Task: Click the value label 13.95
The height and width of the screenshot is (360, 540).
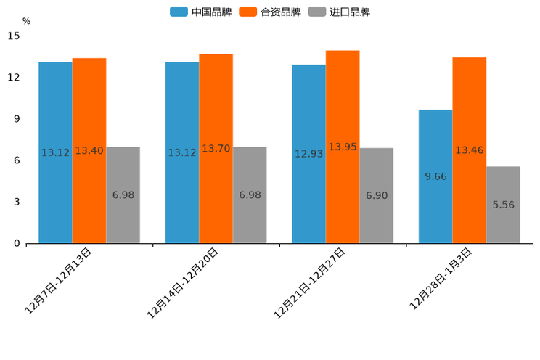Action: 343,147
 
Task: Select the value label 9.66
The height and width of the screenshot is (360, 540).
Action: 435,176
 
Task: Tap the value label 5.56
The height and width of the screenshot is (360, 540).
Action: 503,205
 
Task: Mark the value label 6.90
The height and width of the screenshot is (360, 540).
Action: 376,196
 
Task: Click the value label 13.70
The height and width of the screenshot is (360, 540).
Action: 216,149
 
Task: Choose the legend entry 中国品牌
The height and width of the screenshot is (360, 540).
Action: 201,12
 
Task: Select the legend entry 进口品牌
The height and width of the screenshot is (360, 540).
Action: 340,12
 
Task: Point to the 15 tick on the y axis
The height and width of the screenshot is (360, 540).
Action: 15,36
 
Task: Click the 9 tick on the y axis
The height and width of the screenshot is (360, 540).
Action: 17,119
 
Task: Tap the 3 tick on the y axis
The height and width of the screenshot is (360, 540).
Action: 17,202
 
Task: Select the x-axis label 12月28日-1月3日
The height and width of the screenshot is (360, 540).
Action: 441,278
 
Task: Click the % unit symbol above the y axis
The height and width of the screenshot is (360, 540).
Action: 26,21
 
